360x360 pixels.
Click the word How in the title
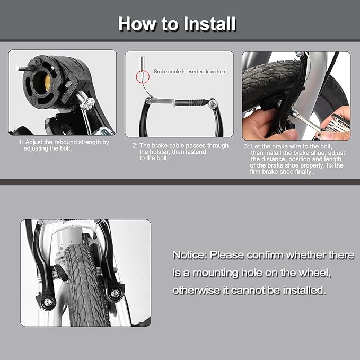137,24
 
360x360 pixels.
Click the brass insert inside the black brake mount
47,82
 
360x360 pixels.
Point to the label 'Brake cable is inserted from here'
190,72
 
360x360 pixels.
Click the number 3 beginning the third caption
246,146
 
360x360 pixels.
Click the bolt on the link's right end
213,103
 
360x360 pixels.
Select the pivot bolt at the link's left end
148,100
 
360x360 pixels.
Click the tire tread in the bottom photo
86,285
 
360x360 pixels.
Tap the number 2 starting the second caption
134,146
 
